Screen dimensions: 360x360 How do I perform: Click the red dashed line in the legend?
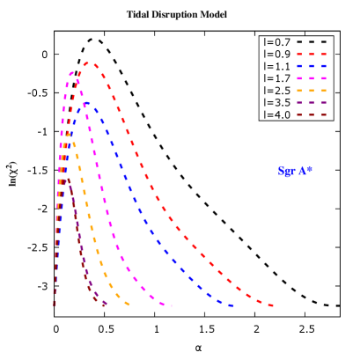point(312,54)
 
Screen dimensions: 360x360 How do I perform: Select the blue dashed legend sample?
point(312,66)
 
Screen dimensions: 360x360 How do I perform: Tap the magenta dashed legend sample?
point(312,78)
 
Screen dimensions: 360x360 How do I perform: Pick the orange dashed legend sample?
point(312,91)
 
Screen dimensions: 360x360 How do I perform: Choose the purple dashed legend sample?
point(312,103)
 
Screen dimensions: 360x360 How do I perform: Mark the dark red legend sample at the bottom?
point(312,115)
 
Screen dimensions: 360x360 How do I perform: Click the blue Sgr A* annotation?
point(295,171)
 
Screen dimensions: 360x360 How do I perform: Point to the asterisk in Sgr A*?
point(310,168)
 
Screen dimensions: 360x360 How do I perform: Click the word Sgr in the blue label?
point(286,172)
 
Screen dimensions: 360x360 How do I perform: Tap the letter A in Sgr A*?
point(301,171)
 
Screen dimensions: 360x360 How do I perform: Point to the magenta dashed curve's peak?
point(71,72)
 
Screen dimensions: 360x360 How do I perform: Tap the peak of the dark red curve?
point(68,180)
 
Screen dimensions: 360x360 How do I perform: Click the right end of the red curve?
point(274,305)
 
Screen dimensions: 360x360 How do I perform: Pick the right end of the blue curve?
point(232,305)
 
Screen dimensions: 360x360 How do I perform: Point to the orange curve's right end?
point(129,305)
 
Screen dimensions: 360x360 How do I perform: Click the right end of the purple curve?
point(107,305)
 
